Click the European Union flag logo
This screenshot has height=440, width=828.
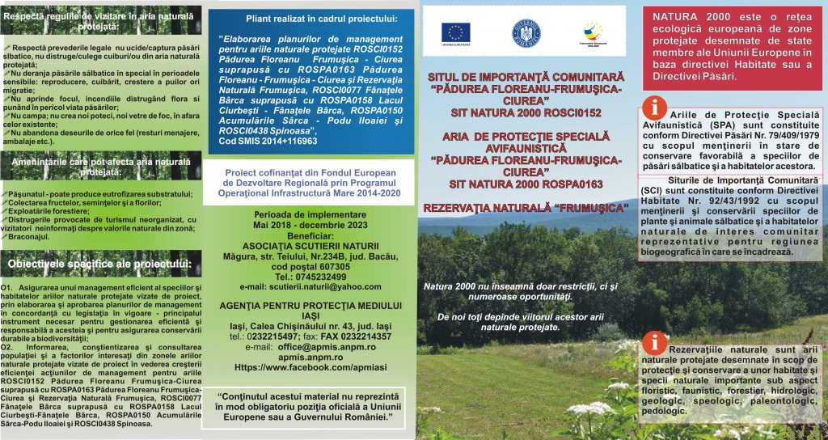(456, 32)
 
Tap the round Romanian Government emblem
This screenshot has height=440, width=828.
(525, 32)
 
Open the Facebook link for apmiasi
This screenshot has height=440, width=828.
(303, 366)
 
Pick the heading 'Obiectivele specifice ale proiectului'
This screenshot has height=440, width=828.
(99, 264)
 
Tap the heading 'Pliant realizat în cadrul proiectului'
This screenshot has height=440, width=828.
(310, 17)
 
